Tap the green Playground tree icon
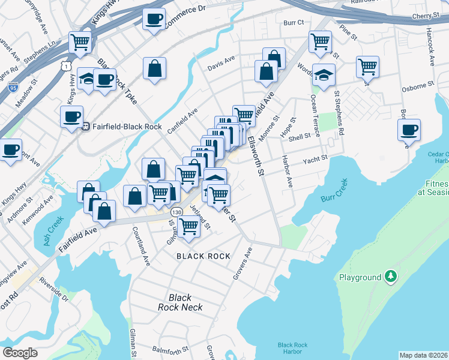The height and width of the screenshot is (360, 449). tap(391, 277)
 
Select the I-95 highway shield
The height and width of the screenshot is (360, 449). tap(13, 88)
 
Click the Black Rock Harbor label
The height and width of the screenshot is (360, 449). tap(293, 349)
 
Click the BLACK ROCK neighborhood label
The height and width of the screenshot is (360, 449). tap(203, 256)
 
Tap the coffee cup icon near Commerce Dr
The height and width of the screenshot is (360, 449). tap(154, 19)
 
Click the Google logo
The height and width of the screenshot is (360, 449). tap(20, 353)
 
